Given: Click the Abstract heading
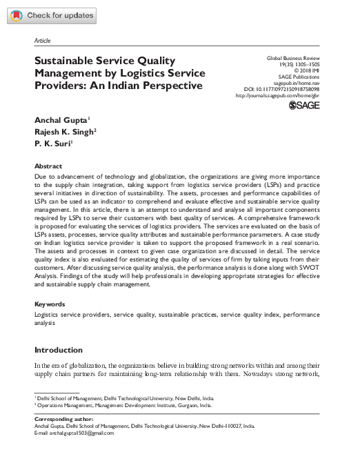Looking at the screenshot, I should click(x=48, y=166).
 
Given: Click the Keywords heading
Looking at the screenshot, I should click(x=50, y=304).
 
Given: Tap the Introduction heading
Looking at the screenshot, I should click(x=59, y=350).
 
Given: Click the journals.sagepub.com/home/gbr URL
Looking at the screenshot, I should click(x=279, y=96).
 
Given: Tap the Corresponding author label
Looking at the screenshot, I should click(x=65, y=419).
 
